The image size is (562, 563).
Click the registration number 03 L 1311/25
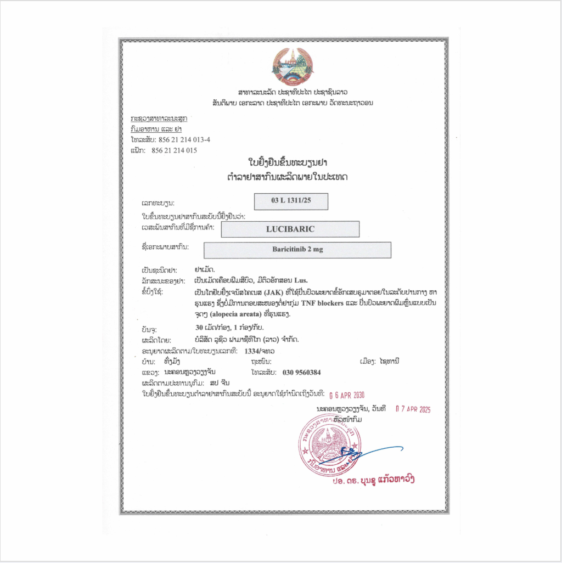[291, 201]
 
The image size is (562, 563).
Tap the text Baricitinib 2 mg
[297, 249]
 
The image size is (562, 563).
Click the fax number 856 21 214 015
[174, 150]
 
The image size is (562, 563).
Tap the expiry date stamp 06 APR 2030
[346, 395]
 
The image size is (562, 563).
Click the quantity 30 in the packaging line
[207, 329]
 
